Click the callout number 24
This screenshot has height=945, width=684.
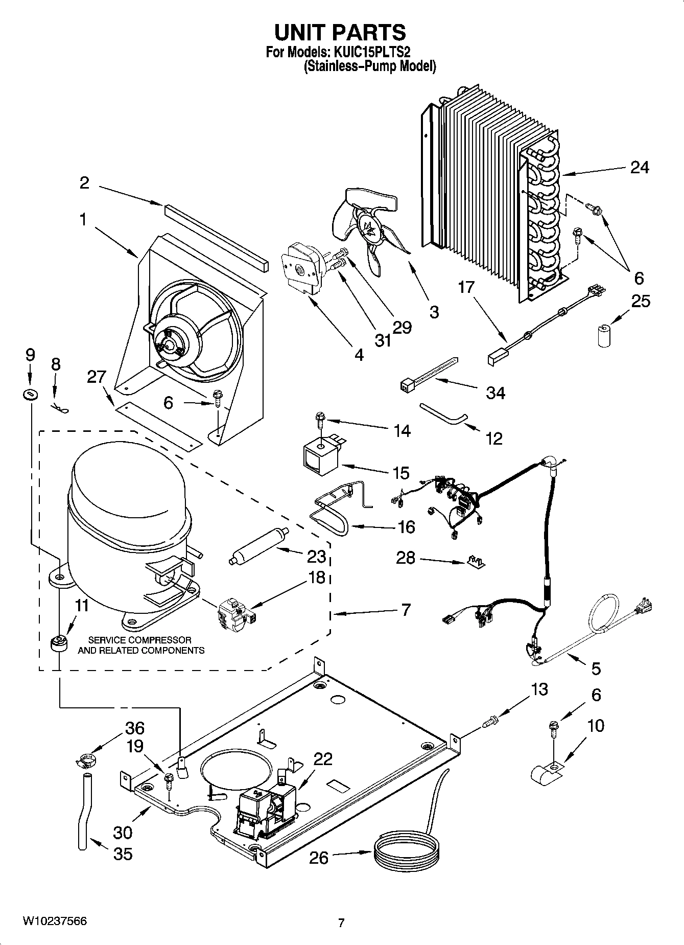pos(640,167)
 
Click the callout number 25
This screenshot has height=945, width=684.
pos(641,302)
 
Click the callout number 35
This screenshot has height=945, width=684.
pos(123,854)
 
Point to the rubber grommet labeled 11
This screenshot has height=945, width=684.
pos(60,642)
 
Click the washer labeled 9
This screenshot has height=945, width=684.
pos(30,394)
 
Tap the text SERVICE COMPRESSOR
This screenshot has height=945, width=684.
pos(140,640)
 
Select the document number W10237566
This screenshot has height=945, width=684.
pos(55,921)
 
